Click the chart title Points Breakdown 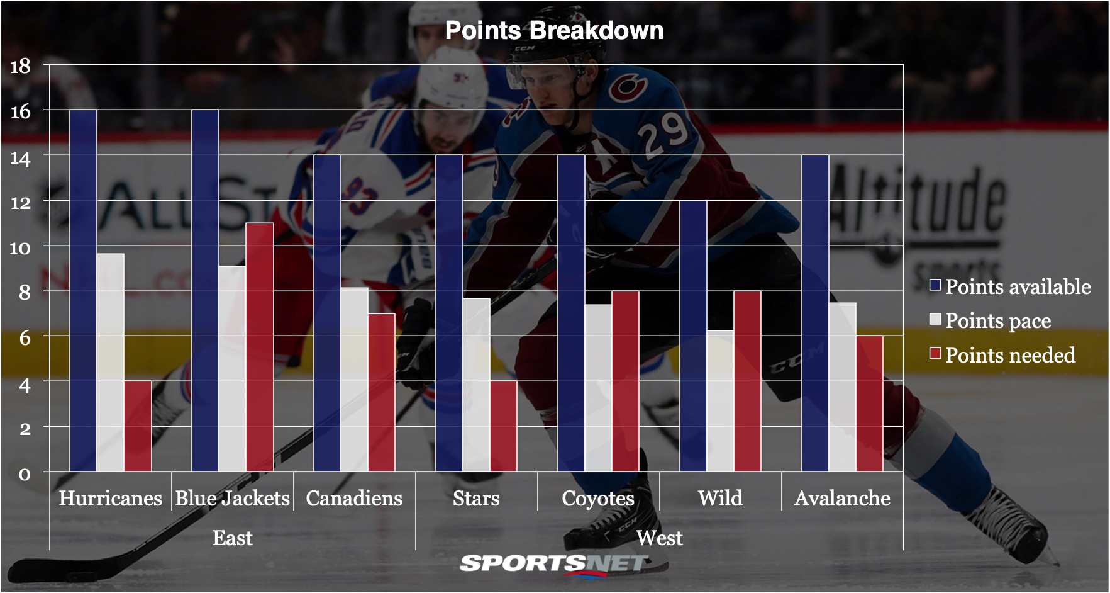pos(554,30)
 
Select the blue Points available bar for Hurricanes pos(83,290)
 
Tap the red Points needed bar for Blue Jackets pos(259,346)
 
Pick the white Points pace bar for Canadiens pos(354,379)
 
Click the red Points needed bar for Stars pos(503,426)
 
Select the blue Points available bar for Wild pos(693,336)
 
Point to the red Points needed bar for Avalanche pos(869,403)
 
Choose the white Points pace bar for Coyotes pos(598,387)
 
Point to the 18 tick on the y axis pos(21,65)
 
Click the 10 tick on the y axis pos(21,247)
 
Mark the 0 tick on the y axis pos(25,473)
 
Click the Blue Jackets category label pos(232,499)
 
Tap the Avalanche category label pos(842,499)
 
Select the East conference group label pos(232,538)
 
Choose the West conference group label pos(659,538)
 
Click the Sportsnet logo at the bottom pos(553,563)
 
